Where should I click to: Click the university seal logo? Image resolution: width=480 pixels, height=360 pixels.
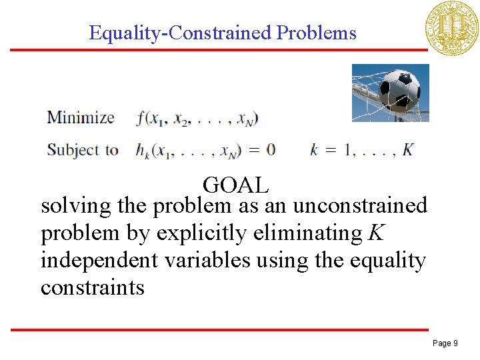(452, 27)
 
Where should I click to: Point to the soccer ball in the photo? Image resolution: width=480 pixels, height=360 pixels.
(398, 90)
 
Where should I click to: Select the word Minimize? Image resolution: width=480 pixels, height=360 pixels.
(81, 119)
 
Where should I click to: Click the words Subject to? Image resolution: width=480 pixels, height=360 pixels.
(83, 149)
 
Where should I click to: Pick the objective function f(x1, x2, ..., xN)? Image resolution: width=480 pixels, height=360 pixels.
(197, 119)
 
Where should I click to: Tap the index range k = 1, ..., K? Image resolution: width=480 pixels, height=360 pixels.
(361, 149)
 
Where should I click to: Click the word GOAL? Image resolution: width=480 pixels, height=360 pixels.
(236, 184)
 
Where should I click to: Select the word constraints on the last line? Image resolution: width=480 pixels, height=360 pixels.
(93, 288)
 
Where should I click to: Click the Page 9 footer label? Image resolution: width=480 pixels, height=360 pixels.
(445, 343)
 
